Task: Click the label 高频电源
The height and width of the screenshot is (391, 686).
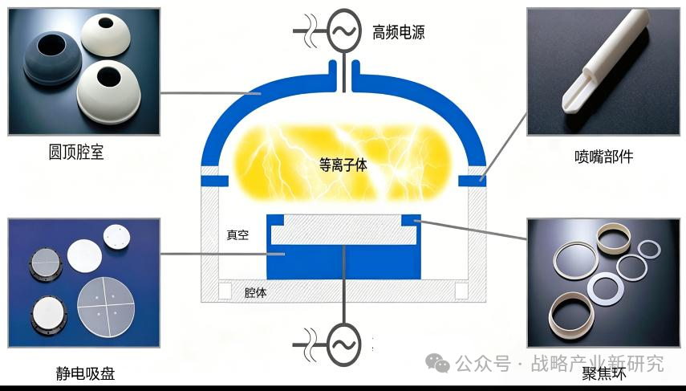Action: (x=398, y=32)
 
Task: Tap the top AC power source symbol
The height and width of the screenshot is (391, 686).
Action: (x=344, y=31)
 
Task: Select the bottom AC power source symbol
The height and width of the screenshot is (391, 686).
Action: (x=344, y=344)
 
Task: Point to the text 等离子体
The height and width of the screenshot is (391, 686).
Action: (x=343, y=165)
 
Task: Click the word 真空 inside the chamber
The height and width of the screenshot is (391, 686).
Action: (x=237, y=235)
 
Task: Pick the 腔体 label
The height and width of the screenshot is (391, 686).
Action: (x=255, y=292)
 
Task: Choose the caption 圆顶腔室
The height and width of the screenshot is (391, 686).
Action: (x=76, y=152)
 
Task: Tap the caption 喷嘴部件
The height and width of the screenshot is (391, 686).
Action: (x=603, y=157)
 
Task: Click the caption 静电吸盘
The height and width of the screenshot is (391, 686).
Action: (x=85, y=373)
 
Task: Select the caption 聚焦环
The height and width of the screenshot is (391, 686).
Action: (x=604, y=373)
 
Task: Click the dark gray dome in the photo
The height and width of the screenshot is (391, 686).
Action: (x=52, y=58)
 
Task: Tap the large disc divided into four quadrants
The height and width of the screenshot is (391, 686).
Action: (x=106, y=308)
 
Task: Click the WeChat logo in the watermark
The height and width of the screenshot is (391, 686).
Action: (x=438, y=363)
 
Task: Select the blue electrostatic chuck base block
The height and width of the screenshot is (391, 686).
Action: (x=343, y=262)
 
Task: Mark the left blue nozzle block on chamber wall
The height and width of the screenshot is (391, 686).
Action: (x=214, y=181)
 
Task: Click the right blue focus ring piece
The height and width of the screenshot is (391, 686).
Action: (x=412, y=219)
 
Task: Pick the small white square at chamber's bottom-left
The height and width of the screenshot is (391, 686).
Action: (x=225, y=291)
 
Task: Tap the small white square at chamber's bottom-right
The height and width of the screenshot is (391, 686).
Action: (x=461, y=291)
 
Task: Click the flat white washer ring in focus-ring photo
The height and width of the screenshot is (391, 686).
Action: (x=606, y=289)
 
